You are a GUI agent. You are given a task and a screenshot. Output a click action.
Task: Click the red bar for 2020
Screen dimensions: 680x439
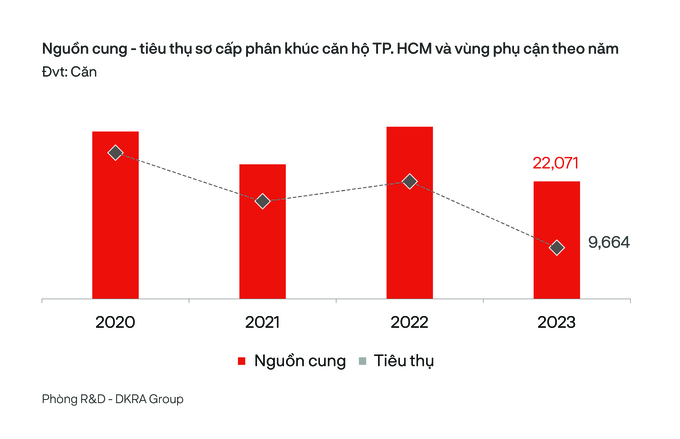pos(115,215)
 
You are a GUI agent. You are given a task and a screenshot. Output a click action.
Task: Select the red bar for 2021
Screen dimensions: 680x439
pos(262,231)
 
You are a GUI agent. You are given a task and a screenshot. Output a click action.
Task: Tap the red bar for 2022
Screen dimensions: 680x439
pos(409,213)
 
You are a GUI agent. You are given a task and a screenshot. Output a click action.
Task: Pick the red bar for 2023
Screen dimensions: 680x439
pos(556,240)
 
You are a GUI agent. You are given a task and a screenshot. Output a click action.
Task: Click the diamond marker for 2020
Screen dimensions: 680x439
pos(115,153)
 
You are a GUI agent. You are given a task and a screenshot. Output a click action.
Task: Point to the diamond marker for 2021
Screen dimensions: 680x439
pos(262,201)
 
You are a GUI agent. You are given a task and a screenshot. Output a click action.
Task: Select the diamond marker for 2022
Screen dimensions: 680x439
pos(409,181)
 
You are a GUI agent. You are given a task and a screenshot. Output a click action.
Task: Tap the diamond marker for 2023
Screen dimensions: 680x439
pos(556,248)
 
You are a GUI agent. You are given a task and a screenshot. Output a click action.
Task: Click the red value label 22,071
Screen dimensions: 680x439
pos(556,163)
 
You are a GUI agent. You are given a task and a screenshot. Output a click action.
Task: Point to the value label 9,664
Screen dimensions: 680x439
pos(609,242)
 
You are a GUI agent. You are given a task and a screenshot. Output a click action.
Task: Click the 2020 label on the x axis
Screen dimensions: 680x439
pos(115,322)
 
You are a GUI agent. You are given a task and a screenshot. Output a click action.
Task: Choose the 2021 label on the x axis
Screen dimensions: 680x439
pos(262,322)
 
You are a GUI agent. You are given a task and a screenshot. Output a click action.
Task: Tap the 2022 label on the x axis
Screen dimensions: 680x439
pos(409,322)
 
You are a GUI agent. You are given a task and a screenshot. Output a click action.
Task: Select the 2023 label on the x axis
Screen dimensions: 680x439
pos(556,322)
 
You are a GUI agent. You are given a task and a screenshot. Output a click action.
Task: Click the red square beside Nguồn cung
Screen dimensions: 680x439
pos(242,361)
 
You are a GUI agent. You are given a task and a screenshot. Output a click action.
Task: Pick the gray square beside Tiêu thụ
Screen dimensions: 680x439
pos(363,361)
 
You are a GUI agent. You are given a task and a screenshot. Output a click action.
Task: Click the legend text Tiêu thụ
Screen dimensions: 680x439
pos(404,361)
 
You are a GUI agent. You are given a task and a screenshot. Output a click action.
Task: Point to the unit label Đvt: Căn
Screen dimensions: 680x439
pos(69,72)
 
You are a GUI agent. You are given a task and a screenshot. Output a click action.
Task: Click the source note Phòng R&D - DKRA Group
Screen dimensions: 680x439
pos(113,399)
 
